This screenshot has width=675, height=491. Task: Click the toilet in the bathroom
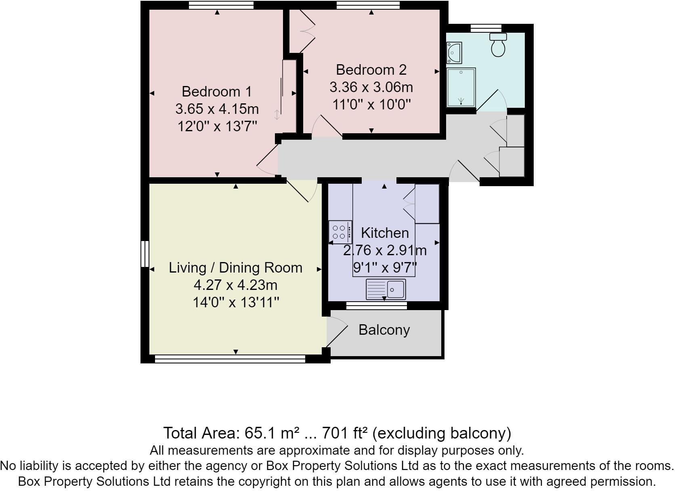(498, 45)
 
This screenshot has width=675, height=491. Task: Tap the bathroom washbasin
(454, 53)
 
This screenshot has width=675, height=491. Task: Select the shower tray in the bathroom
(461, 88)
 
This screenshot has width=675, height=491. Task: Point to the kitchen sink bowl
(395, 290)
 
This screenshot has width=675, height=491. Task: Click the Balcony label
(384, 330)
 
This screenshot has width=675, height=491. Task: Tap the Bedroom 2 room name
(371, 70)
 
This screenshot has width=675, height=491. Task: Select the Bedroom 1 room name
(217, 92)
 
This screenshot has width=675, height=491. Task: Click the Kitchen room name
(384, 233)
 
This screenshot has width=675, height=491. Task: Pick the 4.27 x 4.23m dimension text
(235, 285)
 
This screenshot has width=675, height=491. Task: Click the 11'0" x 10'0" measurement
(371, 105)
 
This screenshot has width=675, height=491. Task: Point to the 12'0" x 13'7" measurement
(217, 127)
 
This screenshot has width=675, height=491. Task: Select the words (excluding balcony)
(441, 433)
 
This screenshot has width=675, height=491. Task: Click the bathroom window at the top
(486, 28)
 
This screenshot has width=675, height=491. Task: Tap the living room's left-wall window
(145, 254)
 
